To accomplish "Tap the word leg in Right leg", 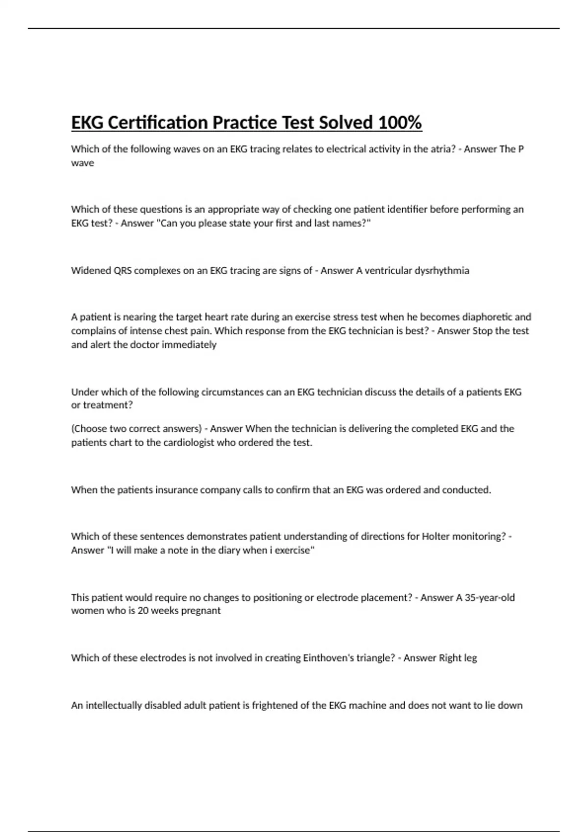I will tap(470, 658).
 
